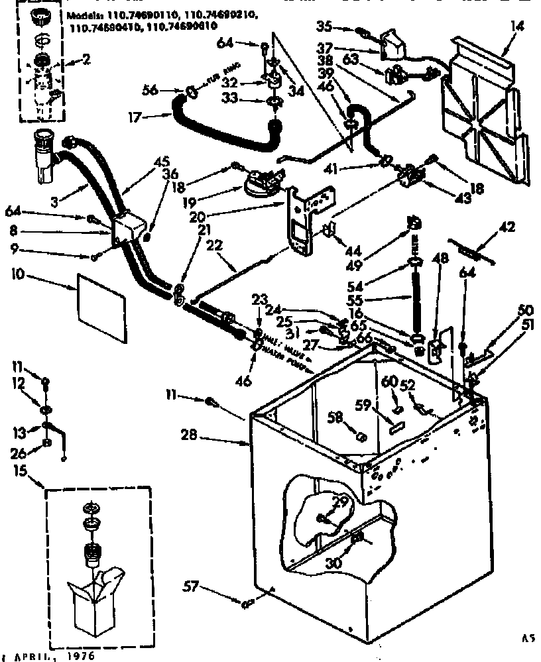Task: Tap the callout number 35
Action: point(343,27)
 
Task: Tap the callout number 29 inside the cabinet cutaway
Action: point(340,504)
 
